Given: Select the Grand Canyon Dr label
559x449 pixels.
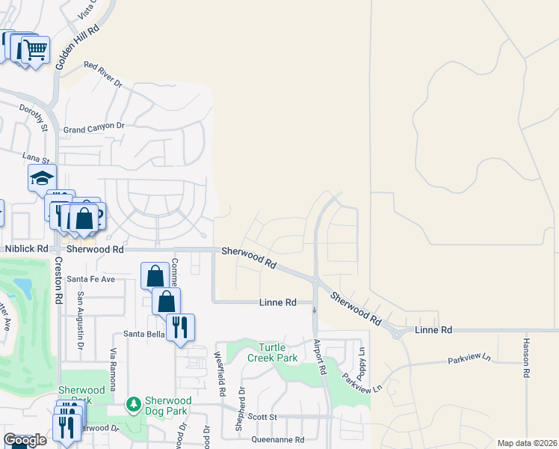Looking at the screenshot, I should click(x=93, y=127).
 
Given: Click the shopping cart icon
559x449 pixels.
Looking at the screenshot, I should click(x=35, y=50).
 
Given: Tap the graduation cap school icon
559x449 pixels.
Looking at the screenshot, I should click(x=42, y=178).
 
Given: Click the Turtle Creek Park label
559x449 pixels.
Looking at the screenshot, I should click(x=277, y=352).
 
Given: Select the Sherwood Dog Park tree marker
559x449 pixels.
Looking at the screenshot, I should click(x=134, y=405).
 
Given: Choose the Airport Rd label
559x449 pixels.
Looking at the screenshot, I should click(x=320, y=356).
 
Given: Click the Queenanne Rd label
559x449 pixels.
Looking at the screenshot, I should click(x=278, y=440).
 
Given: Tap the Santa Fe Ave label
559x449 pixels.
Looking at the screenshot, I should click(x=91, y=279).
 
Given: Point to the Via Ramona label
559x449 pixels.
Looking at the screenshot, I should click(x=114, y=370).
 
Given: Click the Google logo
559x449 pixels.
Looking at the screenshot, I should click(x=25, y=440).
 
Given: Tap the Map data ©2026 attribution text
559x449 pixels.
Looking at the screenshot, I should click(x=527, y=443).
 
